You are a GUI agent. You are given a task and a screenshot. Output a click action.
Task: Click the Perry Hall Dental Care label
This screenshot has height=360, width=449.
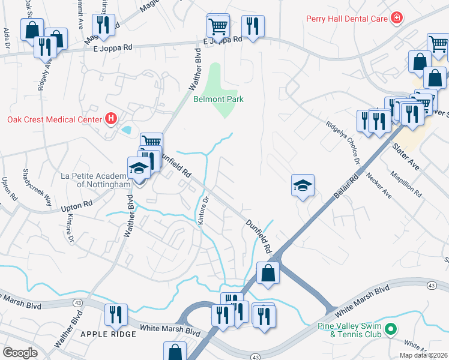coord(346,19)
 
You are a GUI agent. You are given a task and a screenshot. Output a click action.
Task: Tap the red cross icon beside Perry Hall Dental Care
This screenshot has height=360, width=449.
coord(396,19)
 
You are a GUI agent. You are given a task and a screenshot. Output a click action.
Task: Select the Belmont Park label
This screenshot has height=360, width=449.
coord(218,99)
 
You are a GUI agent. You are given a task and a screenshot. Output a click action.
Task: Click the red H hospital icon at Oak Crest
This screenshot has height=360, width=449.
coord(110,119)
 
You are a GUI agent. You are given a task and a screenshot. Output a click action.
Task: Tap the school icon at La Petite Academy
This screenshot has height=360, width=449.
coord(139,169)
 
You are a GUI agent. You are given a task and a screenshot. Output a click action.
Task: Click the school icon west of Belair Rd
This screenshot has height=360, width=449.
coord(303,185)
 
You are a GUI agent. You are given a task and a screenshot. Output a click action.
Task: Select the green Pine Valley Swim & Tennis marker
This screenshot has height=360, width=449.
coord(391,329)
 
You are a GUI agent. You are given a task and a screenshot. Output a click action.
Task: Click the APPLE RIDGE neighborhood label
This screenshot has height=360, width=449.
coord(106,334)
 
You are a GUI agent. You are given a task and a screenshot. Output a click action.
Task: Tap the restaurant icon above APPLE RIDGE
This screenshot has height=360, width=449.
coord(115,314)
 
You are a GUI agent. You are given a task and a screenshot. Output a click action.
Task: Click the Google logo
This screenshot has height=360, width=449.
coord(20,353)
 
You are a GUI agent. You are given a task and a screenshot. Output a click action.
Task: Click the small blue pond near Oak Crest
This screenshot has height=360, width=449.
coord(126,130)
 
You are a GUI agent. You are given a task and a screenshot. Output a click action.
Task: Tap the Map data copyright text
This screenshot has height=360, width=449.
coord(423,355)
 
